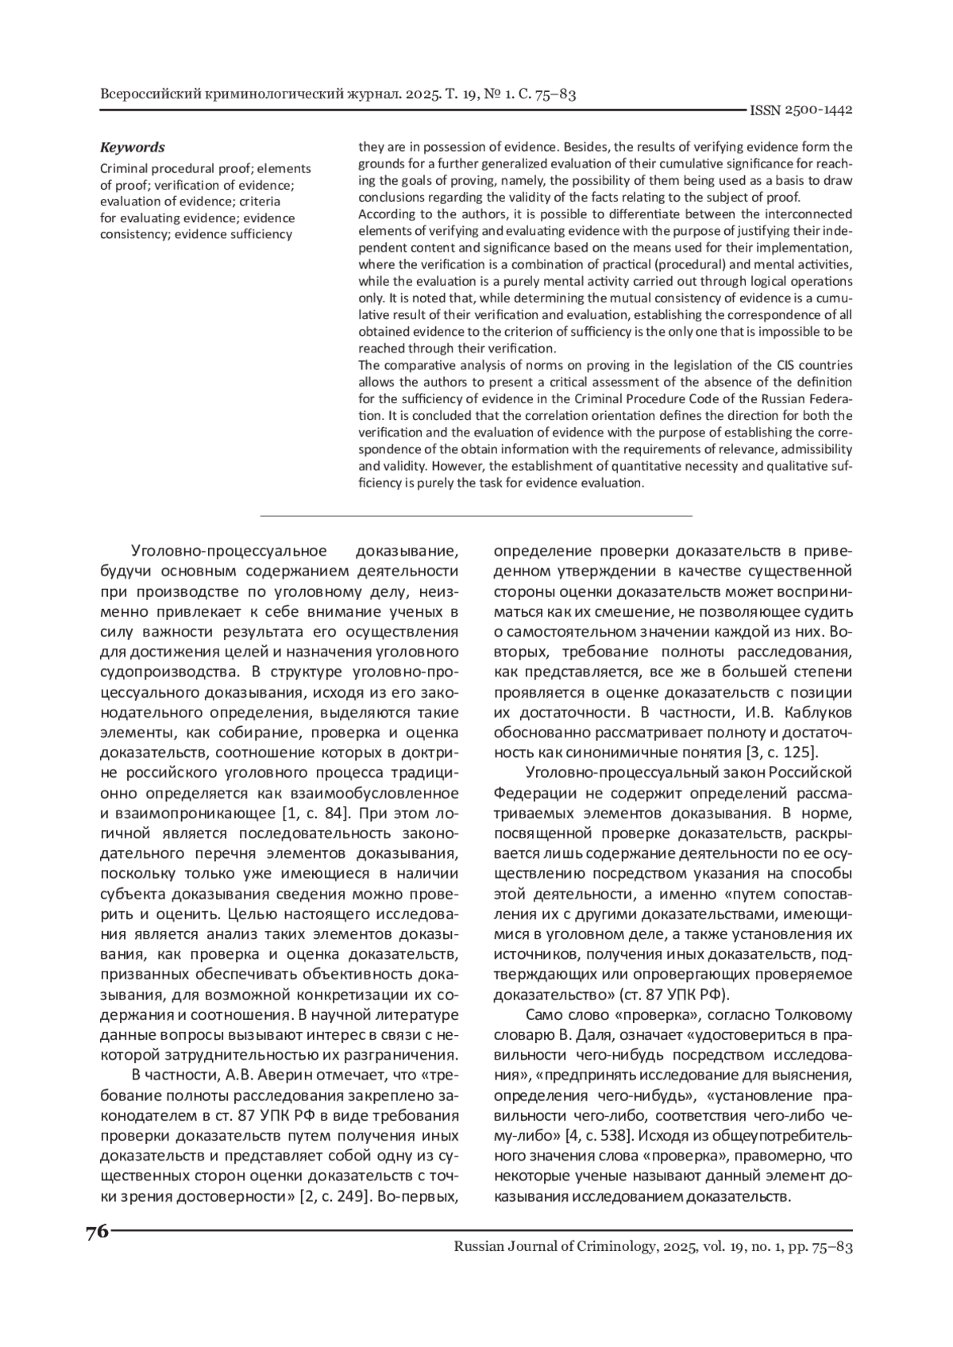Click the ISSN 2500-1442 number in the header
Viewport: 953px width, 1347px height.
coord(801,110)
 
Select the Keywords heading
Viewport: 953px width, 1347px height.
coord(132,148)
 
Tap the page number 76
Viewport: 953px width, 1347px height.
coord(96,1232)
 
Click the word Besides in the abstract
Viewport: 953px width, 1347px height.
coord(587,147)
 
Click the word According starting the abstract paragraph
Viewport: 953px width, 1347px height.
coord(384,214)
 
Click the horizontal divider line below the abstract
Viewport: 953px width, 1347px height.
coord(476,516)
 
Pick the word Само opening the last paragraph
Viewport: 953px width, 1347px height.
coord(544,1016)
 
